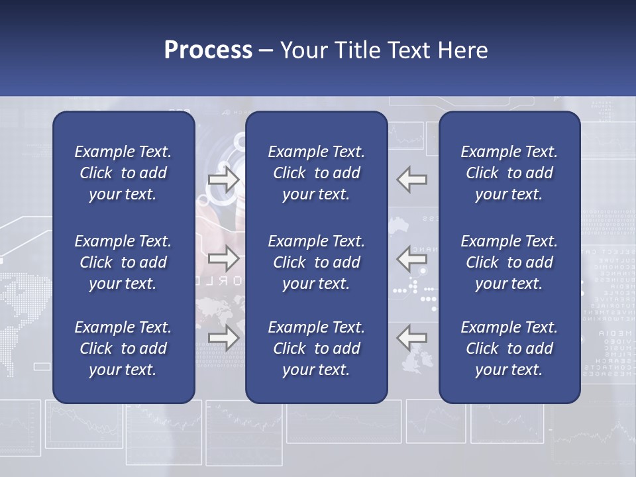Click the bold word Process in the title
pos(208,50)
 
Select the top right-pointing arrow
pos(224,180)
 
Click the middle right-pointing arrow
pos(224,259)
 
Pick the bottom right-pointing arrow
pos(224,338)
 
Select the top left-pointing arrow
pos(412,180)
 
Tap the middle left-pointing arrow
pos(412,259)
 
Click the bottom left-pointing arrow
pos(412,338)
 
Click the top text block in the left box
pos(123,173)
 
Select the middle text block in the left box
pos(123,262)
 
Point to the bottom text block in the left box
pos(123,348)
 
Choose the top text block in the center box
pos(316,173)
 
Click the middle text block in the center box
pos(316,262)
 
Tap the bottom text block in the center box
pos(316,348)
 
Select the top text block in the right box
pos(509,173)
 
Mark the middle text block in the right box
pos(509,262)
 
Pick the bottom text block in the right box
pos(509,348)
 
